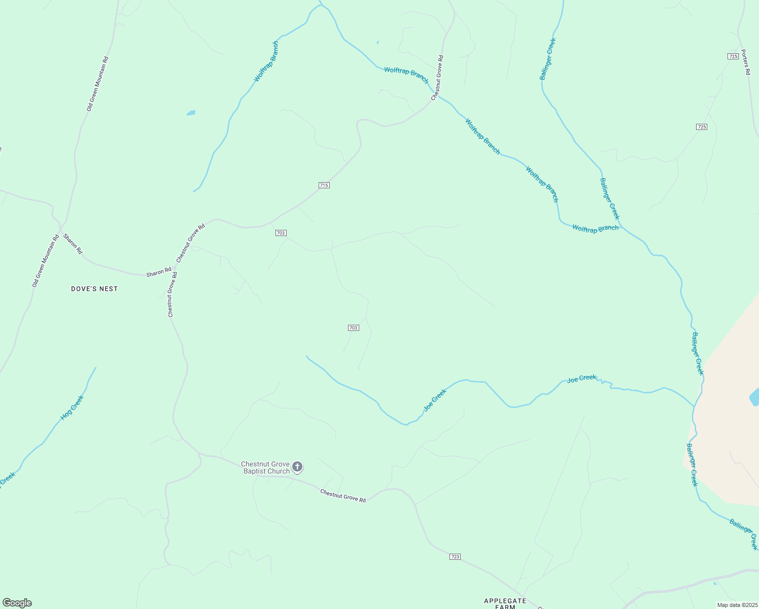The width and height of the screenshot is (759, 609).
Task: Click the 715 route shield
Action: click(324, 185)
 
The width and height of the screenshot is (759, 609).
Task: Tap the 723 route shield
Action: click(455, 557)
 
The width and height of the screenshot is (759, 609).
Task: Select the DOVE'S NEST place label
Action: click(94, 289)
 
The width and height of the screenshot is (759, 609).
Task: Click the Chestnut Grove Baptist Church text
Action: click(265, 467)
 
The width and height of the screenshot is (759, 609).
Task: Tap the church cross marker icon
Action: click(297, 467)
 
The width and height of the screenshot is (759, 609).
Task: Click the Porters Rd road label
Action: click(745, 62)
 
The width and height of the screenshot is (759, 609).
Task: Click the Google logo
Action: click(17, 602)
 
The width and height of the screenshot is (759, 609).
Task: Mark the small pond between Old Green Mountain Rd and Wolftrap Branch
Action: click(191, 113)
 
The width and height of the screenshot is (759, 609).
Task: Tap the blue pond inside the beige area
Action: click(754, 397)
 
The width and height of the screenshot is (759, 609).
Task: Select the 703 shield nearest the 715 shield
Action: click(281, 233)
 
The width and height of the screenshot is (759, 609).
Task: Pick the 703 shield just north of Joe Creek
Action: click(354, 328)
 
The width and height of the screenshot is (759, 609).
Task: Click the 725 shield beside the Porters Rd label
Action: click(733, 56)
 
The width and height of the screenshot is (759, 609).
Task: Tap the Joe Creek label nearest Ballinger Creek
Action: click(581, 378)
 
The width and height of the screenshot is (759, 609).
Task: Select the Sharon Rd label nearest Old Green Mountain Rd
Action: click(73, 244)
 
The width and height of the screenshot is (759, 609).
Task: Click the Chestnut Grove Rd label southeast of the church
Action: click(343, 495)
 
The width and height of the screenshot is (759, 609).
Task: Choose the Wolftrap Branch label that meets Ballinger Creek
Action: click(595, 228)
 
